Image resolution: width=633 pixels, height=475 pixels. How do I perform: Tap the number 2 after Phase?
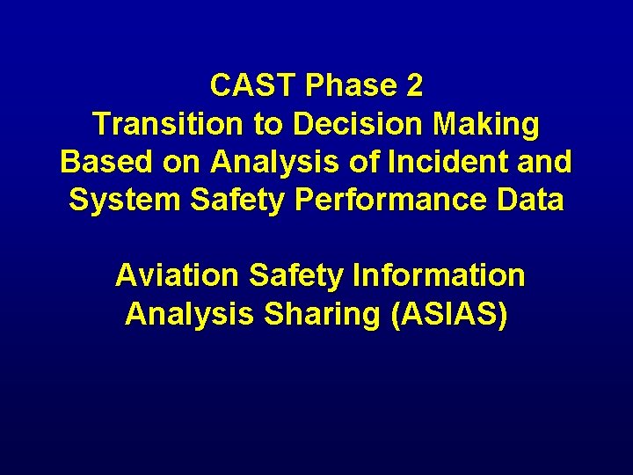pos(414,86)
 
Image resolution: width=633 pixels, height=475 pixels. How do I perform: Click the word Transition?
pos(168,124)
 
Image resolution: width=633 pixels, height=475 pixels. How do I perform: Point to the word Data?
pos(528,201)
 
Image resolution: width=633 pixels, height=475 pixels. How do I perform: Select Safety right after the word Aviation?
pos(295,276)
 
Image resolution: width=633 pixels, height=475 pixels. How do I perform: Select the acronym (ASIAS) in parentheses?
pos(447,314)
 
